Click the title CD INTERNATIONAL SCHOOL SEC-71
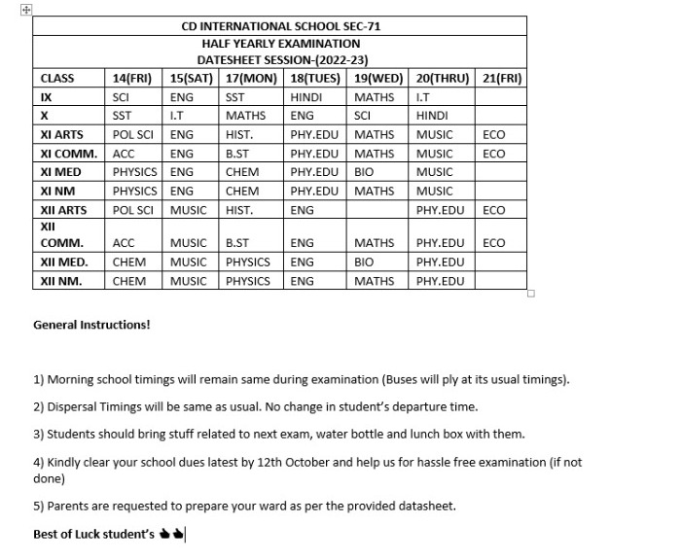click(x=281, y=26)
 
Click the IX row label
click(x=47, y=97)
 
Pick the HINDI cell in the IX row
click(x=307, y=97)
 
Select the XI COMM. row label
click(x=68, y=154)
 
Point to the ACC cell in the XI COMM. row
click(x=124, y=154)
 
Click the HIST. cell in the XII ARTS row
click(x=239, y=210)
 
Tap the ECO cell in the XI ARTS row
click(x=493, y=135)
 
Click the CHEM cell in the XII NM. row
click(x=129, y=281)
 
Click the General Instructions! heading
click(x=91, y=325)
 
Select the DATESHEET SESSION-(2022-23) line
click(x=281, y=59)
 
